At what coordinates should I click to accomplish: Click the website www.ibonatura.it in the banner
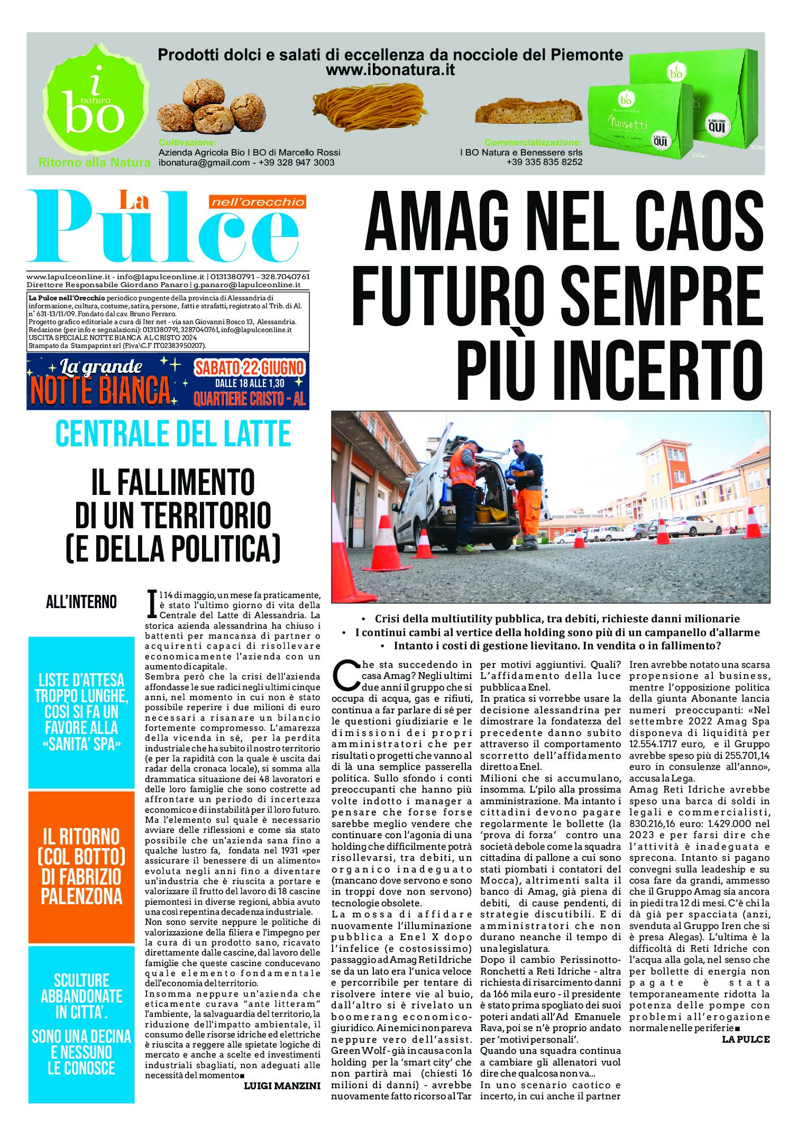pos(390,70)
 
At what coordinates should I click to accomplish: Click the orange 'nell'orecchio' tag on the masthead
pos(257,201)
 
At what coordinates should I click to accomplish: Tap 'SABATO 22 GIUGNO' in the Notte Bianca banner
pos(249,368)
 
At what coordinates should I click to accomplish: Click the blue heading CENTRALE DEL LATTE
pos(173,434)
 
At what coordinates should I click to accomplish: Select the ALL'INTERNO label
pos(81,602)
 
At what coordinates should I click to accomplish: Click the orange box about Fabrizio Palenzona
pos(81,867)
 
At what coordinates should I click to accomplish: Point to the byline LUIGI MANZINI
pos(282,1086)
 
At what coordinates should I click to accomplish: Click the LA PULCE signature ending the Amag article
pos(745,1039)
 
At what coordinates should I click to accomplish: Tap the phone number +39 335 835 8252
pos(544,162)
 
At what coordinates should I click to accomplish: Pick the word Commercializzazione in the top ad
pos(533,142)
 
